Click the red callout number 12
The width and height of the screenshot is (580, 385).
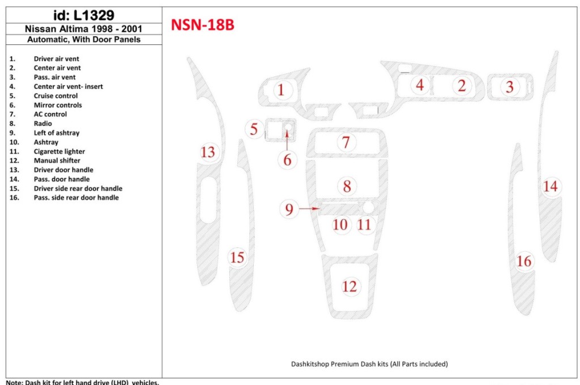click(x=350, y=286)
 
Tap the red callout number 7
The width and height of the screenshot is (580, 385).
click(x=346, y=142)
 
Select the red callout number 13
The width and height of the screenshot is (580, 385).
click(x=208, y=152)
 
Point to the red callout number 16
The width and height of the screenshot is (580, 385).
click(x=524, y=261)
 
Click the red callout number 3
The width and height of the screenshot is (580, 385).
click(x=510, y=87)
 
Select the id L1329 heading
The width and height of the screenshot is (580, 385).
click(x=83, y=15)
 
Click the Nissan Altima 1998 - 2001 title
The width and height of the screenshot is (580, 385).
click(x=83, y=29)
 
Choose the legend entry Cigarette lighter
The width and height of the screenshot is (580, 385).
click(x=59, y=151)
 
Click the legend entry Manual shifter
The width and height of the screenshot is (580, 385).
click(x=57, y=160)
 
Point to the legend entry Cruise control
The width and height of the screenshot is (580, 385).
click(x=56, y=96)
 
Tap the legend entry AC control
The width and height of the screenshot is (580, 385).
click(x=50, y=114)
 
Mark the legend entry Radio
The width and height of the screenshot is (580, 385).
click(x=42, y=123)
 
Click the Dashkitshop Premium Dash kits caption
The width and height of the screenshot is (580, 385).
click(x=369, y=364)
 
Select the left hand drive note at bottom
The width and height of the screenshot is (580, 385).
click(x=83, y=382)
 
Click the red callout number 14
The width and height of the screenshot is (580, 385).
click(x=551, y=186)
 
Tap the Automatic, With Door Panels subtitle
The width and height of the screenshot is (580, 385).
click(x=83, y=40)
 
